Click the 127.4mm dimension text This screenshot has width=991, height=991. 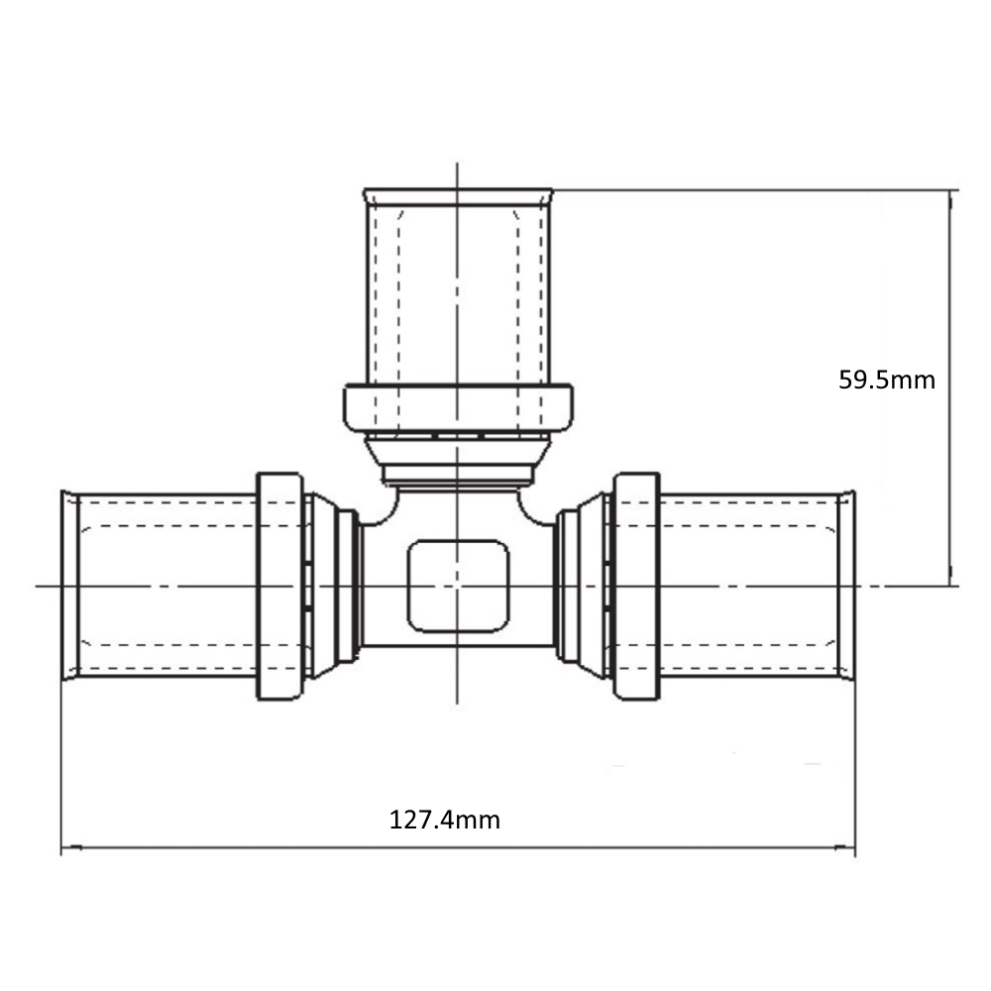pos(444,821)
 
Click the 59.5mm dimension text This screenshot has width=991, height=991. pos(887,380)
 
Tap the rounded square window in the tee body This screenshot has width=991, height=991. pos(458,587)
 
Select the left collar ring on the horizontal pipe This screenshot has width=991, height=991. pos(280,586)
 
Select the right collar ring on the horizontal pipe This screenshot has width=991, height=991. pos(637,586)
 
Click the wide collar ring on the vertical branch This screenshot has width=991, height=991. pos(458,408)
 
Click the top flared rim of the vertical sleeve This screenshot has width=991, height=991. pos(458,196)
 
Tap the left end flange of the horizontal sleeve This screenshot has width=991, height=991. pos(69,586)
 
